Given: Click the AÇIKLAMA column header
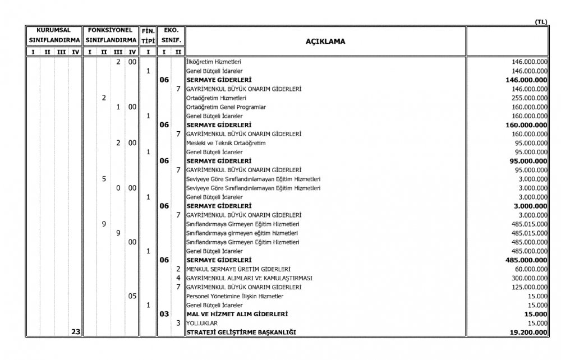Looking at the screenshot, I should [325, 41].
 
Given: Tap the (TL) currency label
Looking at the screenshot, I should [541, 22].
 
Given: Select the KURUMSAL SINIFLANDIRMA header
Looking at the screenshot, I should [54, 35].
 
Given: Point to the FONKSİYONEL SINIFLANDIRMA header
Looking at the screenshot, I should [111, 35].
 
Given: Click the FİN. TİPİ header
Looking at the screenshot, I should [148, 35].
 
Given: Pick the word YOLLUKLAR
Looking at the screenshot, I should [201, 324].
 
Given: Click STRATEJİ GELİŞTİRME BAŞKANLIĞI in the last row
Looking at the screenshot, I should [241, 333].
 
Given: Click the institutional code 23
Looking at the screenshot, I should [76, 333].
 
